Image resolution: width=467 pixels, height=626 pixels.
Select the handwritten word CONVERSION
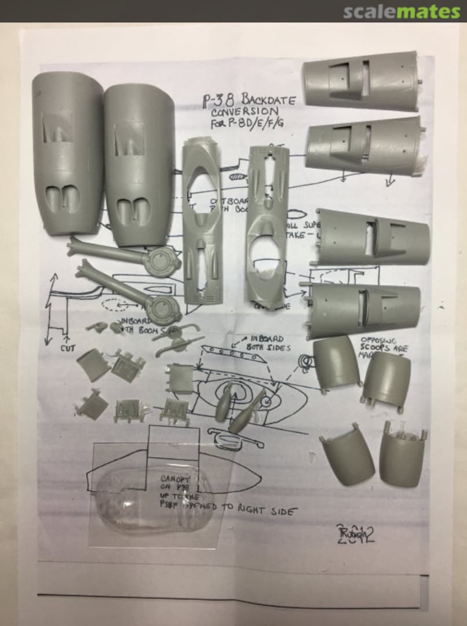click(244, 111)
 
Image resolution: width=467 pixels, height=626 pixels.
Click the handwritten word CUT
click(68, 348)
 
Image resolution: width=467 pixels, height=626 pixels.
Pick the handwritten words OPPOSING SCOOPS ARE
click(384, 345)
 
